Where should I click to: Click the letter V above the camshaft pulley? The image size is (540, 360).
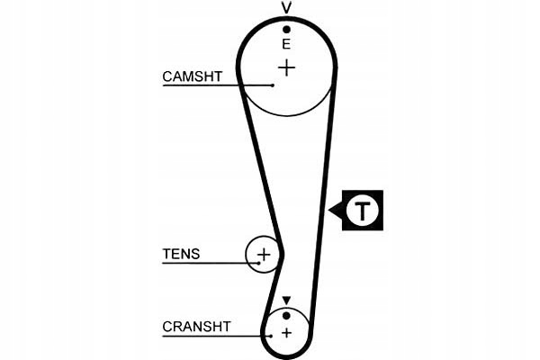click(287, 9)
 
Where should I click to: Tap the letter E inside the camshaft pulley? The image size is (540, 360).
click(287, 43)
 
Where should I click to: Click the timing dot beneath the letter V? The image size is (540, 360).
click(287, 29)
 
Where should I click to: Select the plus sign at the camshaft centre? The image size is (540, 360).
click(286, 67)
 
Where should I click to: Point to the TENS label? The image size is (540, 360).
click(181, 255)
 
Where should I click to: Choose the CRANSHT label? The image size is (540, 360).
click(196, 327)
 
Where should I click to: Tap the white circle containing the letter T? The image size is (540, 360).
click(362, 211)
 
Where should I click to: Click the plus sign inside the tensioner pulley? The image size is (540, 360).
click(264, 255)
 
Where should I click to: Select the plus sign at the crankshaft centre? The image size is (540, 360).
click(286, 333)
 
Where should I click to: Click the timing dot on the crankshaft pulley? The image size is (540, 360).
click(286, 315)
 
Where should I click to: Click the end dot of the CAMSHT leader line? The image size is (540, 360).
click(273, 85)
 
